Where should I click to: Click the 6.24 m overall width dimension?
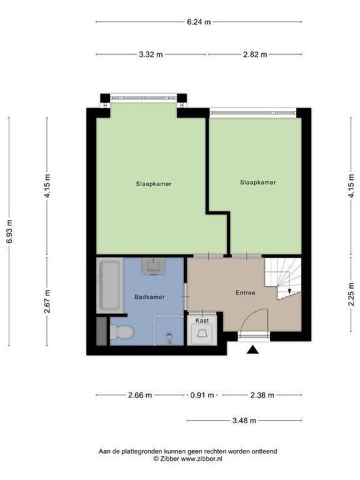pos(199,22)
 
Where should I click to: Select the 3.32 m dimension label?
pos(151,55)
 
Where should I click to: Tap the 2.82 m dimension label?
pos(254,55)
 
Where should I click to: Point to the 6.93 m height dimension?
pos(9,231)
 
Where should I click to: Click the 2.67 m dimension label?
pos(47,301)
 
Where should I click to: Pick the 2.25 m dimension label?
pos(351,294)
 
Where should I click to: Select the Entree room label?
pos(245,293)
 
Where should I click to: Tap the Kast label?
pos(202,321)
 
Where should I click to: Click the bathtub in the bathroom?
pos(109,286)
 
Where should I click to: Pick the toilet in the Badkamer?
pos(122,331)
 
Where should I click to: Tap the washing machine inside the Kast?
pos(202,335)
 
